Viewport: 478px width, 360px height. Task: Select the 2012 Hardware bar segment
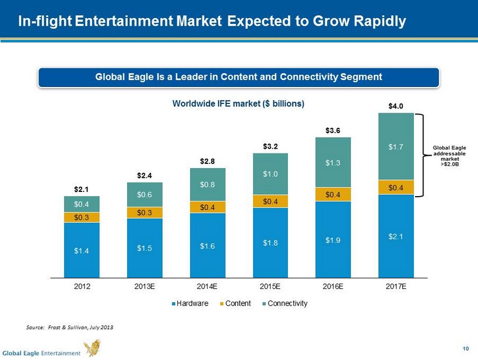pyautogui.click(x=82, y=250)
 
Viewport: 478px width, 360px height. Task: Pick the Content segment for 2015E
pyautogui.click(x=270, y=201)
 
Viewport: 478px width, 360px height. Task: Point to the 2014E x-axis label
pyautogui.click(x=207, y=286)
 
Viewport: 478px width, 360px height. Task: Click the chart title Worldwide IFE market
pyautogui.click(x=238, y=104)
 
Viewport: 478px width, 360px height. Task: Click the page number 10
pyautogui.click(x=465, y=349)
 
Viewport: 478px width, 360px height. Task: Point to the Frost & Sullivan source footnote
pyautogui.click(x=70, y=327)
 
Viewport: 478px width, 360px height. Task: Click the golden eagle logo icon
pyautogui.click(x=92, y=348)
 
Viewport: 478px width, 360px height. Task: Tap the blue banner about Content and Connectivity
pyautogui.click(x=238, y=77)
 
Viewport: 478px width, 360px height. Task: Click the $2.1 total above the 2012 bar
pyautogui.click(x=82, y=190)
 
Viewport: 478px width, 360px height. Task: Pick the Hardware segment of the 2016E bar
pyautogui.click(x=333, y=239)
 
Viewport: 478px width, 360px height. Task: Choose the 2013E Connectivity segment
pyautogui.click(x=145, y=194)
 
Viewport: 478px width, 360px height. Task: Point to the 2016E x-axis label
pyautogui.click(x=333, y=286)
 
